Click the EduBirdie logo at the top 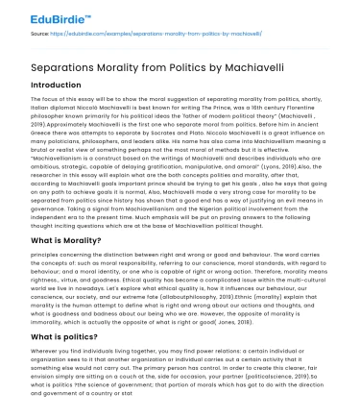pos(43,15)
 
